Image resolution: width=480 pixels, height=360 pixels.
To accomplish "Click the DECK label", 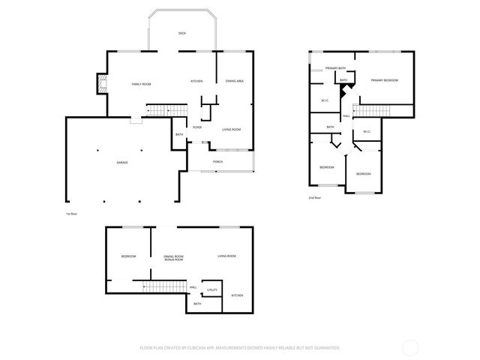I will click(181, 34).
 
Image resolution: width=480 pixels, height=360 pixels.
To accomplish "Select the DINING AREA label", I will click(235, 81).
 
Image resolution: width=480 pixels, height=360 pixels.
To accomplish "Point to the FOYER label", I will click(196, 127).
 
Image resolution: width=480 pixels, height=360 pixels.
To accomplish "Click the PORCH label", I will click(217, 161).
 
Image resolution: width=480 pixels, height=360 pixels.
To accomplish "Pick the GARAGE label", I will click(121, 162).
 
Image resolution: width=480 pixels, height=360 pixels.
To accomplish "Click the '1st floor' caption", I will click(72, 214).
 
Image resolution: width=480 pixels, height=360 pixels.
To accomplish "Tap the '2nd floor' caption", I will click(315, 197).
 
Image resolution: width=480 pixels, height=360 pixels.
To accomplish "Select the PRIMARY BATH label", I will click(335, 68).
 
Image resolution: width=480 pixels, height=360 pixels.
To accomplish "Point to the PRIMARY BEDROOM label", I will click(384, 80).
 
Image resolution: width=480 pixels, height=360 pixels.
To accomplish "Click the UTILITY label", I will click(212, 289).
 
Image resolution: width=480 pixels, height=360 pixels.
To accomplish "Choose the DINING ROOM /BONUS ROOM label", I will click(174, 258).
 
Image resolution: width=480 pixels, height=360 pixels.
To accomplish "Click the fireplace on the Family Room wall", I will click(101, 84).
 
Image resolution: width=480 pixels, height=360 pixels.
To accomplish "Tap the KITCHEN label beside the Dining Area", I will click(196, 81).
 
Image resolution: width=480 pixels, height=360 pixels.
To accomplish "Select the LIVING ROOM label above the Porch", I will click(231, 130).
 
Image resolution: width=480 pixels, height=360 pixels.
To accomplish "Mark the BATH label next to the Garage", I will click(179, 135).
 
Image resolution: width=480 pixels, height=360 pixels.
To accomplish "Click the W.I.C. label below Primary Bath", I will click(325, 100).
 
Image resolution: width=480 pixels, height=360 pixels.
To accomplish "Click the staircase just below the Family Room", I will click(165, 111).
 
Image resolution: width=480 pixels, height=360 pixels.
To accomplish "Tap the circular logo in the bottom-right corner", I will click(410, 347).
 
